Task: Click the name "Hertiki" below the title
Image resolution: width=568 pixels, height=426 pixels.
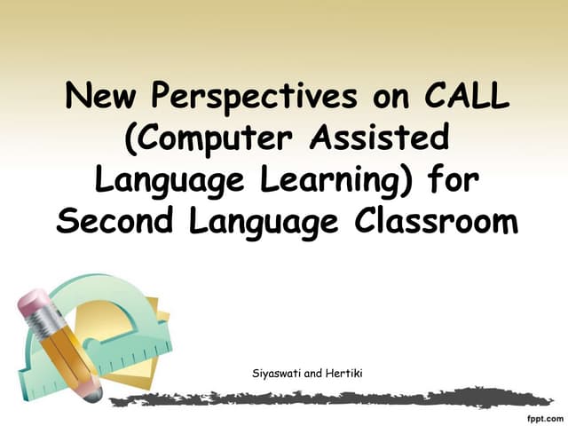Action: tap(343, 374)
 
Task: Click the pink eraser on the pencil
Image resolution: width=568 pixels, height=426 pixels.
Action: tap(33, 306)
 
